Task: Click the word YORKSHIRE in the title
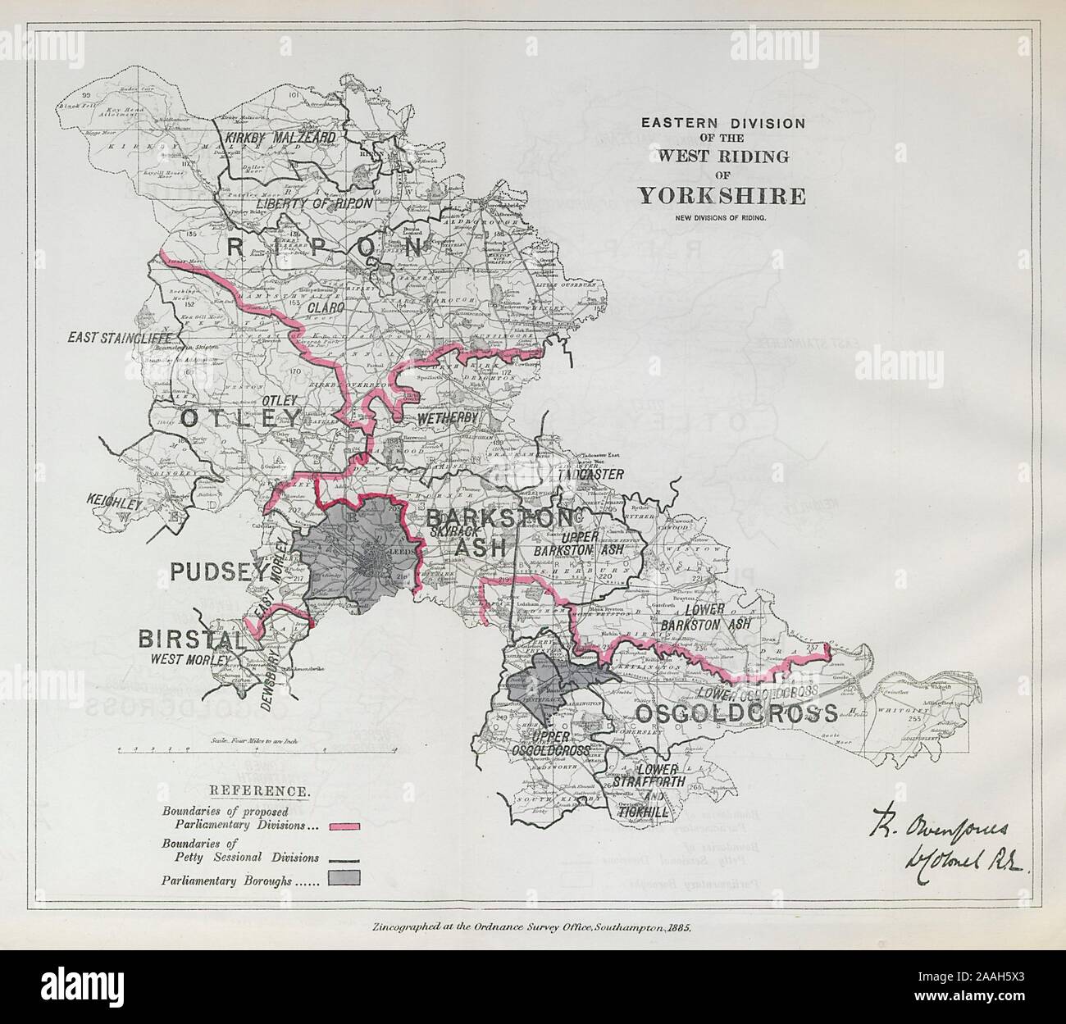[722, 196]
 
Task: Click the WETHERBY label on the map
[447, 419]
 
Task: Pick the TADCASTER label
[590, 474]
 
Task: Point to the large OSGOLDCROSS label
[736, 713]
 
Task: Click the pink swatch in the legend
[344, 827]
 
